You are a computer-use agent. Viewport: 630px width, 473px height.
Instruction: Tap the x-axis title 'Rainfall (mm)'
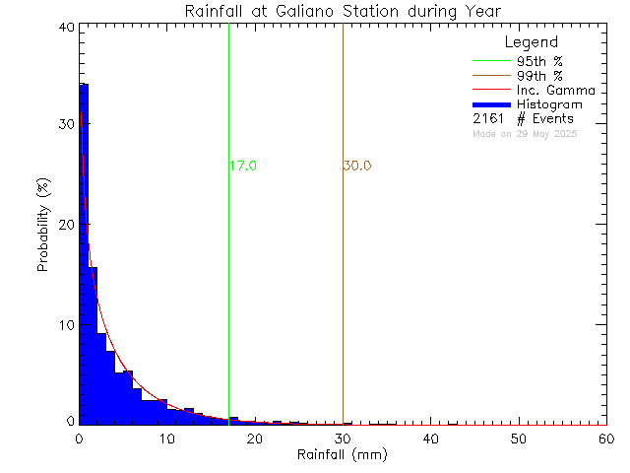(x=342, y=455)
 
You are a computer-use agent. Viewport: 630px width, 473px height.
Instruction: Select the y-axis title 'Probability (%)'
(x=44, y=226)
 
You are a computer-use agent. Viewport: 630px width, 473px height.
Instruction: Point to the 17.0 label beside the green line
(x=243, y=167)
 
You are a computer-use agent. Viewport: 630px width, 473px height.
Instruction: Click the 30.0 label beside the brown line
(x=357, y=167)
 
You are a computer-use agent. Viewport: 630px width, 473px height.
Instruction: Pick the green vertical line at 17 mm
(x=228, y=296)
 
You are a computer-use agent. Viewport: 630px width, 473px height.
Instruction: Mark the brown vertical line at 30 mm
(x=343, y=296)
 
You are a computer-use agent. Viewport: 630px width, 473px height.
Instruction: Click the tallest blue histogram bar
(x=84, y=246)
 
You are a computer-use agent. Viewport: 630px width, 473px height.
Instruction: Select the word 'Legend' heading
(x=531, y=42)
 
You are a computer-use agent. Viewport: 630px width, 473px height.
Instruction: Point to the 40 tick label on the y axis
(x=67, y=28)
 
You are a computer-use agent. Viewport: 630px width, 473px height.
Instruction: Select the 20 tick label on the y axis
(x=67, y=225)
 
